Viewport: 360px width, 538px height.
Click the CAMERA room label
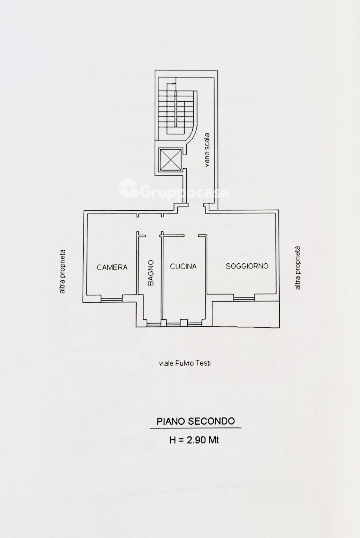coord(112,267)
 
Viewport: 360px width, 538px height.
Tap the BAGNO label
coord(150,273)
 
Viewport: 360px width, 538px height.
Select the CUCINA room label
coord(183,266)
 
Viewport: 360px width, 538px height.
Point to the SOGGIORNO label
coord(247,266)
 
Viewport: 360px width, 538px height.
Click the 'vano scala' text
coord(207,150)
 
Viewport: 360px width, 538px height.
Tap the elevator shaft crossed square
coord(170,160)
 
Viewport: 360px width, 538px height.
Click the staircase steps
coord(176,110)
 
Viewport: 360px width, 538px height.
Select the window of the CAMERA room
coord(112,298)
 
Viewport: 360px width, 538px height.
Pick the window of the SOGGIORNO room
coord(244,298)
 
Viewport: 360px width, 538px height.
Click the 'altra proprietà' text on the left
coord(62,271)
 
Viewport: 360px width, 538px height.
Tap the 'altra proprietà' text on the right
coord(297,268)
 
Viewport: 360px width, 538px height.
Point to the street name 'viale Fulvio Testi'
coord(185,363)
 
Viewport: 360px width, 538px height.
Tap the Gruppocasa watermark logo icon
coord(128,188)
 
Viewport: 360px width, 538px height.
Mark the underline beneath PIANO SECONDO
coord(195,428)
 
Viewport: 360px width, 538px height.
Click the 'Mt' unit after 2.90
coord(214,440)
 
